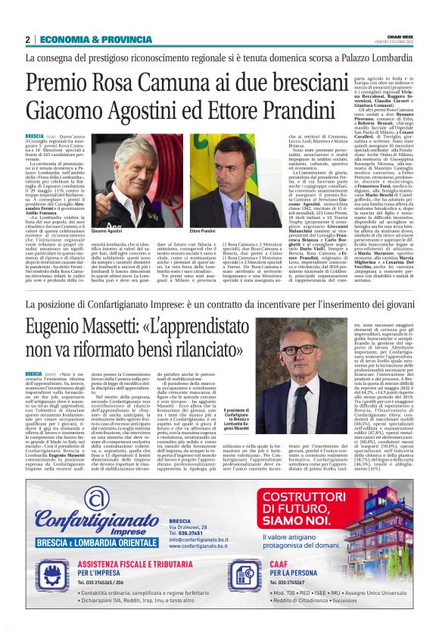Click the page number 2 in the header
[x=27, y=39]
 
